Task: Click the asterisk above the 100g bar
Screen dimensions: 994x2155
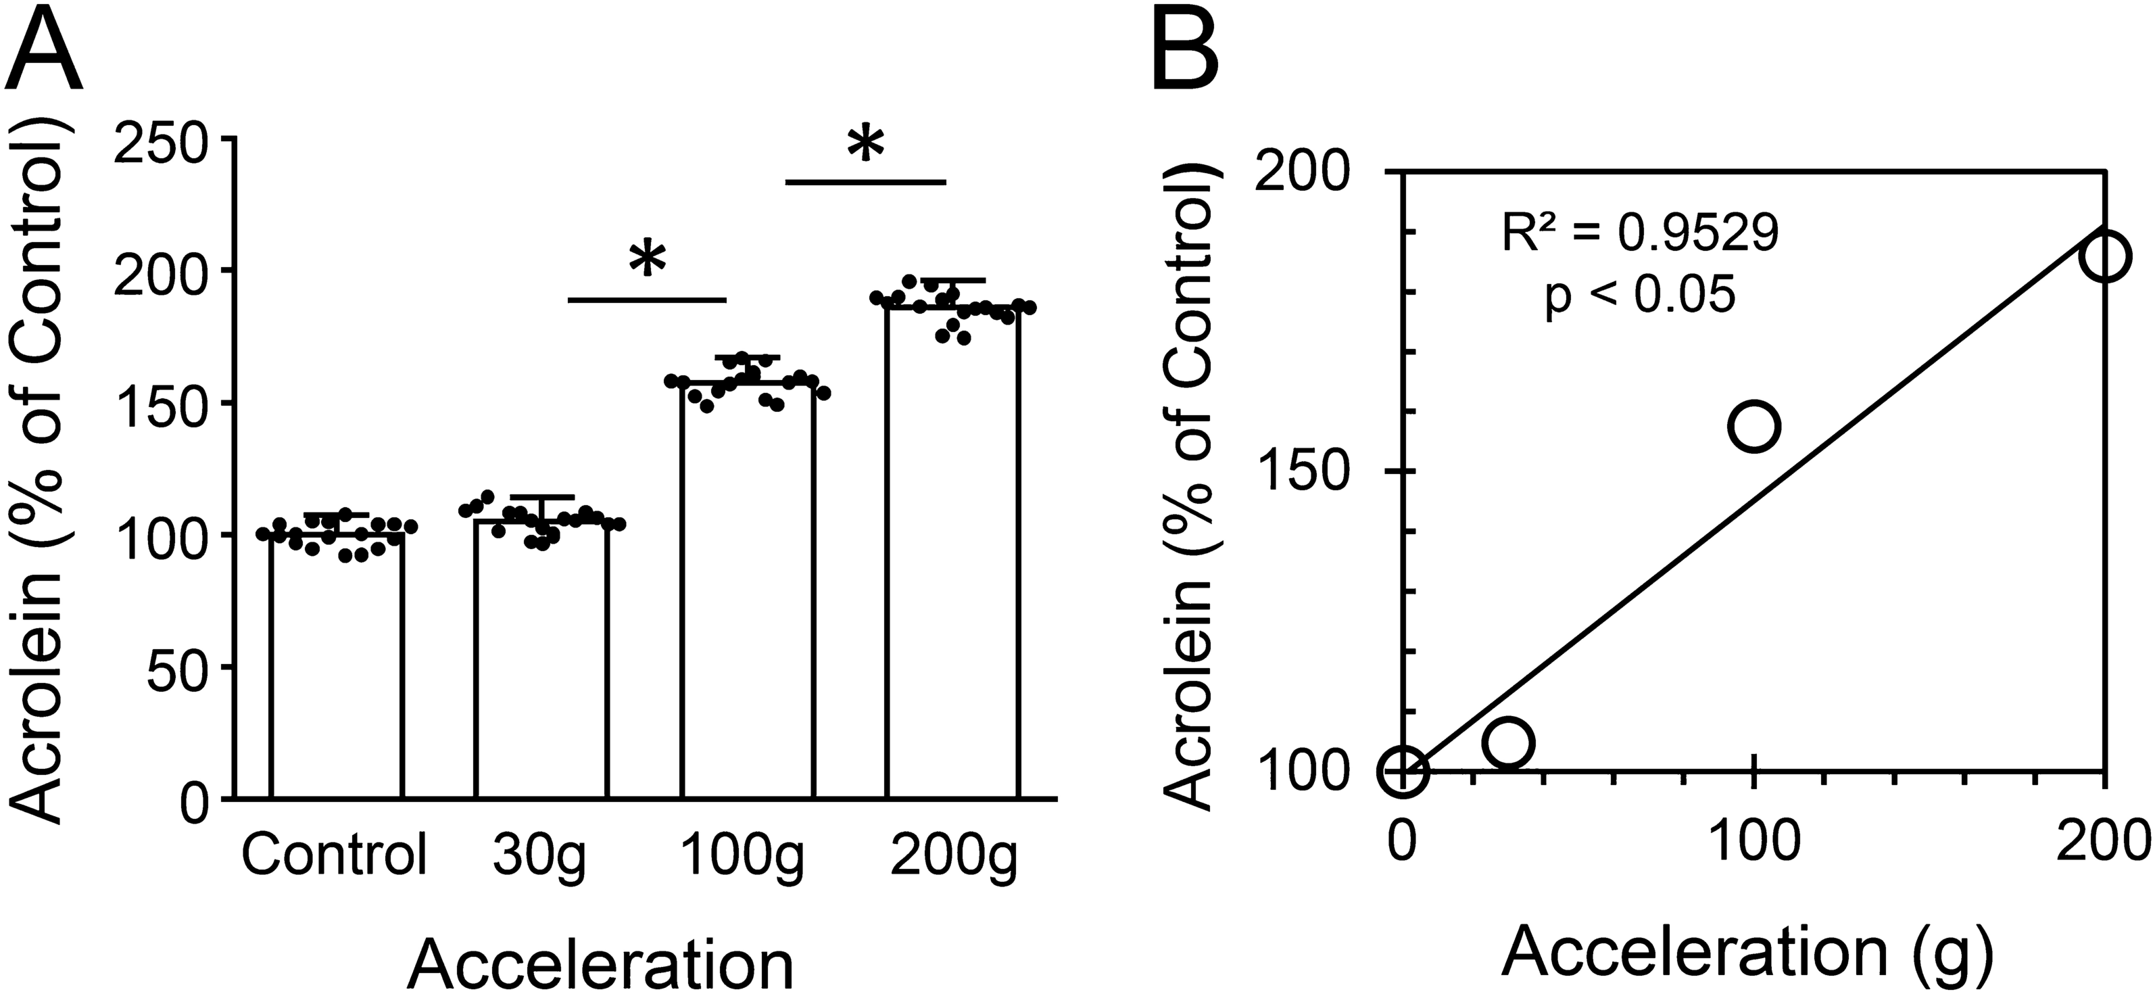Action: point(648,261)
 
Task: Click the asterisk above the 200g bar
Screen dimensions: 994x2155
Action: point(865,144)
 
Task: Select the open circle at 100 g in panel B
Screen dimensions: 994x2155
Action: point(1753,425)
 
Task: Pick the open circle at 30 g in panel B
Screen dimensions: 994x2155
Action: point(1507,741)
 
